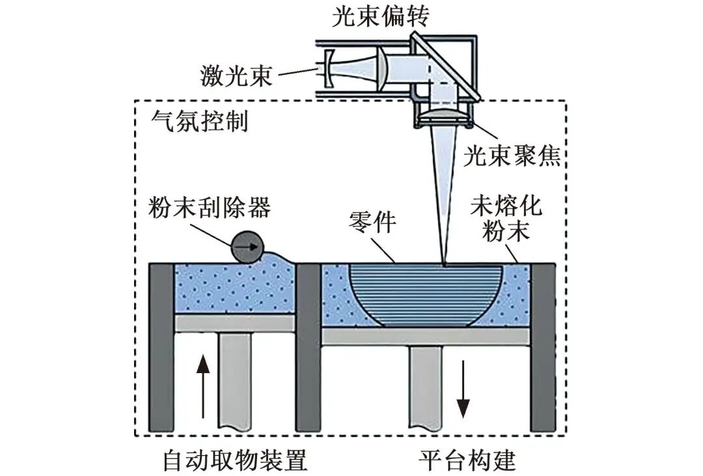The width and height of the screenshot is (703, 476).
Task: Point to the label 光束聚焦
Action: (x=512, y=156)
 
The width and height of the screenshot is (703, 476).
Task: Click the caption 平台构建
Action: (x=467, y=460)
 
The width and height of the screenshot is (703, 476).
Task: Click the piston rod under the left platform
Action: (x=235, y=384)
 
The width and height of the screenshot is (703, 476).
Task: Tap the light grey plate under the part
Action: (x=426, y=335)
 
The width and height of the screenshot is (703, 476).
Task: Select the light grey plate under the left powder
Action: (x=235, y=322)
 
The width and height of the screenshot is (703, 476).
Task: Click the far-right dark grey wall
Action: (x=543, y=348)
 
